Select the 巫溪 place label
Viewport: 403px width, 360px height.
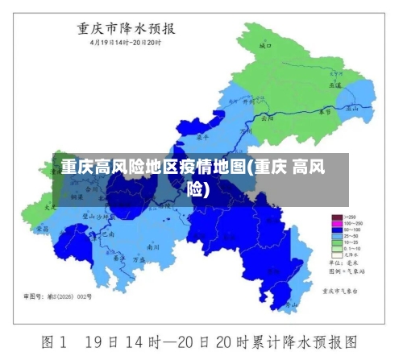click(334, 84)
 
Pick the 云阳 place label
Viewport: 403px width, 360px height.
click(268, 117)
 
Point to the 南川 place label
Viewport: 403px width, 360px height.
click(154, 248)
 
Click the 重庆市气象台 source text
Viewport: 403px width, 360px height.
click(339, 290)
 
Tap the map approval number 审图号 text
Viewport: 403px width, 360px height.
click(58, 296)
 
